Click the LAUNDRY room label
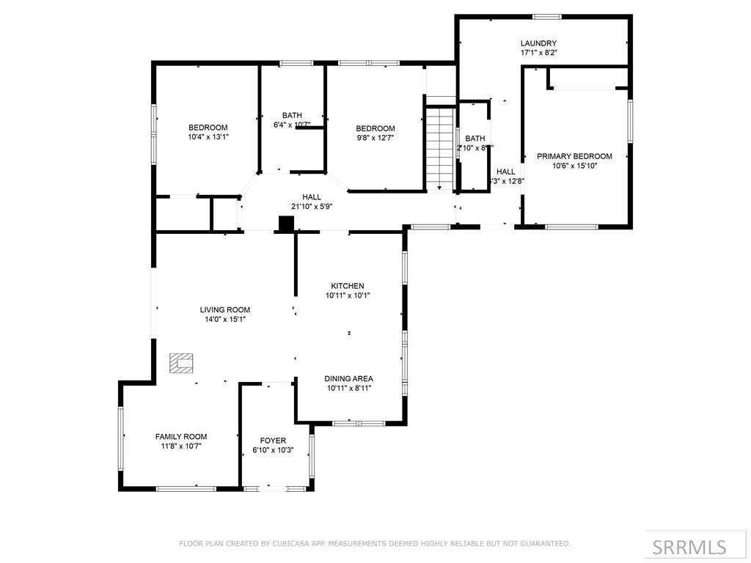point(538,43)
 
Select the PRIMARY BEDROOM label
point(574,156)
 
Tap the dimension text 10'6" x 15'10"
point(574,166)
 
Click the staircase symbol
point(440,147)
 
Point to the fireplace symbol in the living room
point(181,363)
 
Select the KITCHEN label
point(348,286)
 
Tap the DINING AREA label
point(348,378)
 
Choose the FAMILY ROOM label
point(181,436)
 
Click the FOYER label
point(273,441)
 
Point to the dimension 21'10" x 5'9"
point(312,207)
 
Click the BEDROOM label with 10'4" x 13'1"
point(208,127)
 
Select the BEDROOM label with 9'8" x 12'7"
point(375,128)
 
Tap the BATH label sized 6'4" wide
point(292,115)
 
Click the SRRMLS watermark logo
point(689,547)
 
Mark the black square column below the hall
point(286,224)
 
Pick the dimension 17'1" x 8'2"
point(538,53)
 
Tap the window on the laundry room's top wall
point(546,16)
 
